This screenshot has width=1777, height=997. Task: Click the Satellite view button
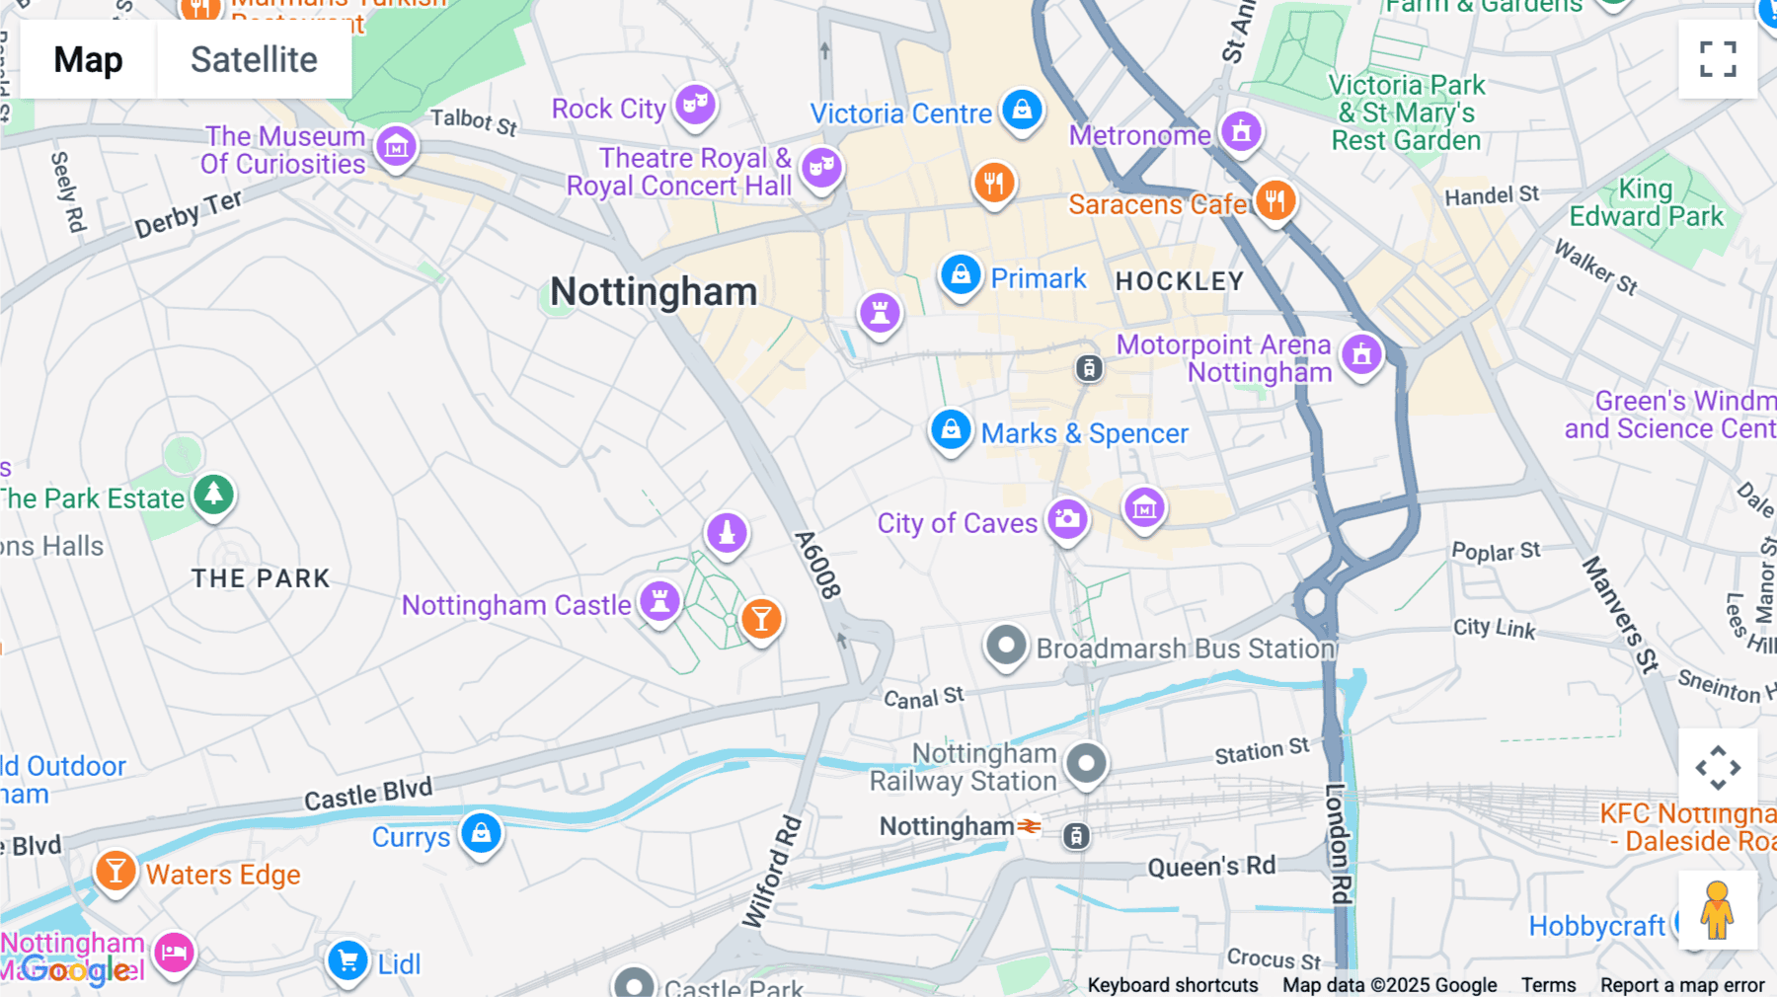pos(254,59)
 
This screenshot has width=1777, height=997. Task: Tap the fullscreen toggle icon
pos(1718,59)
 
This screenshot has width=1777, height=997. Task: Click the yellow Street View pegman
pos(1717,910)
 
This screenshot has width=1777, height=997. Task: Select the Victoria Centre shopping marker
pos(1022,109)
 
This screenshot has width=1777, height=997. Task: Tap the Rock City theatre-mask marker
pos(695,104)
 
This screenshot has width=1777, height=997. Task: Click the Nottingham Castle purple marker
pos(659,600)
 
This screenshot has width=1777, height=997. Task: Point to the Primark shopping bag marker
pos(960,275)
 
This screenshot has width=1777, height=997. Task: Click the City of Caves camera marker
pos(1066,518)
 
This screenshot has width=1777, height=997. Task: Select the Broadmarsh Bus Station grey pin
pos(1006,647)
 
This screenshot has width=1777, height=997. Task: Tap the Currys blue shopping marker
pos(481,833)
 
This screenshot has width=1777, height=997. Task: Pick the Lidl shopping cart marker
pos(348,959)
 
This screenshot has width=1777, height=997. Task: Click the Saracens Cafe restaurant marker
pos(1275,200)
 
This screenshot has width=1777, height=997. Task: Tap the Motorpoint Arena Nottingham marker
pos(1361,353)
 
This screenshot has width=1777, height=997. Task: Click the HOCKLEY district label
pos(1179,281)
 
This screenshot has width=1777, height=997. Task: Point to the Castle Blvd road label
pos(367,794)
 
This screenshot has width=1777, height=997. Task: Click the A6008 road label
pos(817,565)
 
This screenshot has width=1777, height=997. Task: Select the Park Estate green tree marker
pos(213,494)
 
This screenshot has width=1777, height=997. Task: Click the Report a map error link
pos(1681,984)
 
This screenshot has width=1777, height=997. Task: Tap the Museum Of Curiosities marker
pos(396,147)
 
